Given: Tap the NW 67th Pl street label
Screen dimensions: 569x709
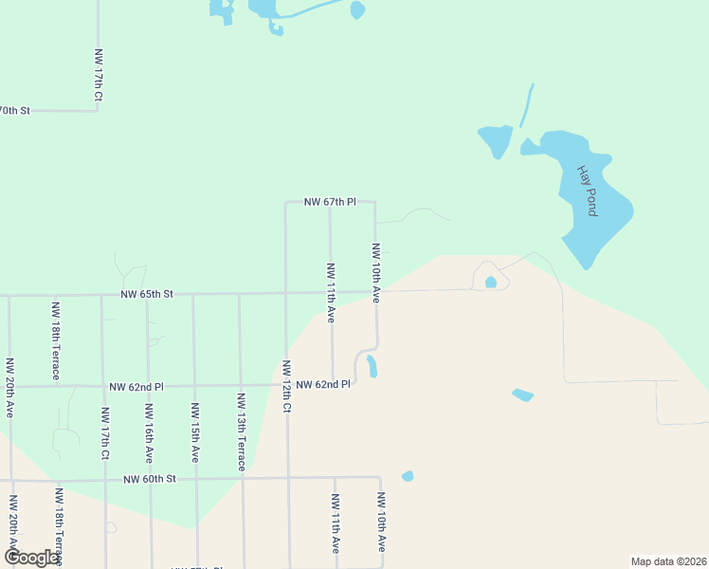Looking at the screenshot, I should pyautogui.click(x=330, y=202).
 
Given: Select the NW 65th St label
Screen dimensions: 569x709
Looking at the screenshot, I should pyautogui.click(x=147, y=295).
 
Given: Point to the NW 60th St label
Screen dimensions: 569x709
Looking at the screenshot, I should pyautogui.click(x=150, y=480).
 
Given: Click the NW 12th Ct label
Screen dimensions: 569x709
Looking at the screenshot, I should pyautogui.click(x=285, y=386).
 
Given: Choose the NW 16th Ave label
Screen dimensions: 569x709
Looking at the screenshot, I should pyautogui.click(x=149, y=432).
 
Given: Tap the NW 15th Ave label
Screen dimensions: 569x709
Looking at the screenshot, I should pyautogui.click(x=194, y=432).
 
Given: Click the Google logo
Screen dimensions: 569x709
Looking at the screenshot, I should pyautogui.click(x=31, y=558).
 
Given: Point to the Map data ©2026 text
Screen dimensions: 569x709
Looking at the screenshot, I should pyautogui.click(x=668, y=561).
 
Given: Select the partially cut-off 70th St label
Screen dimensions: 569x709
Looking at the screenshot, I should pyautogui.click(x=15, y=111).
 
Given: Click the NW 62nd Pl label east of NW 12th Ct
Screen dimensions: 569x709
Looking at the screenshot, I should pyautogui.click(x=323, y=384).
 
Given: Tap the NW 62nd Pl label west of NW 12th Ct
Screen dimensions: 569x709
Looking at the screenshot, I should pyautogui.click(x=136, y=387).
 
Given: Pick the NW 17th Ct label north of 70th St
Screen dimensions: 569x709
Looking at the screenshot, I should pyautogui.click(x=99, y=76).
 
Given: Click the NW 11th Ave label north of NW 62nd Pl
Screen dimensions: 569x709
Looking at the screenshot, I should pyautogui.click(x=331, y=293).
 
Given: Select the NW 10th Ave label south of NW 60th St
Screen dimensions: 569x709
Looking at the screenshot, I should pyautogui.click(x=381, y=523).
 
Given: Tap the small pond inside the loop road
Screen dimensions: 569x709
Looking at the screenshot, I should pyautogui.click(x=490, y=282).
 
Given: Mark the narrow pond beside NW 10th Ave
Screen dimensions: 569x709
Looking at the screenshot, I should pyautogui.click(x=372, y=366).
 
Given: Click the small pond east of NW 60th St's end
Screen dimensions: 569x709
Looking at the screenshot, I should pyautogui.click(x=408, y=476).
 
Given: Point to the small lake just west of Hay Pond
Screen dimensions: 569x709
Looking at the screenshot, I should pyautogui.click(x=495, y=140).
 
